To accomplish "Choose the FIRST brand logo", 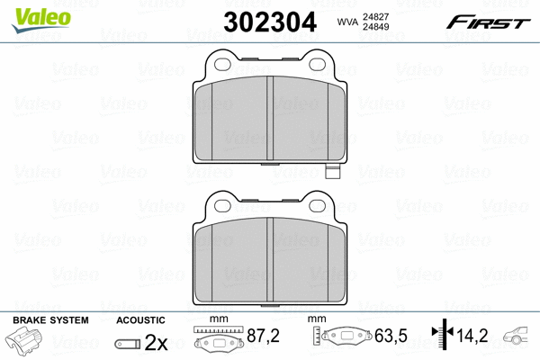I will tap(487, 21).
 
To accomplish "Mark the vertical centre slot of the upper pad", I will tap(270, 121).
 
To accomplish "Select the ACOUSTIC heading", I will tap(140, 319).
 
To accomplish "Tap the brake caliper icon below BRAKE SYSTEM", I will tap(31, 343).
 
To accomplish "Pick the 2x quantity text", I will tap(157, 342).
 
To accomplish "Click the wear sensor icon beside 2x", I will tap(129, 343).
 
